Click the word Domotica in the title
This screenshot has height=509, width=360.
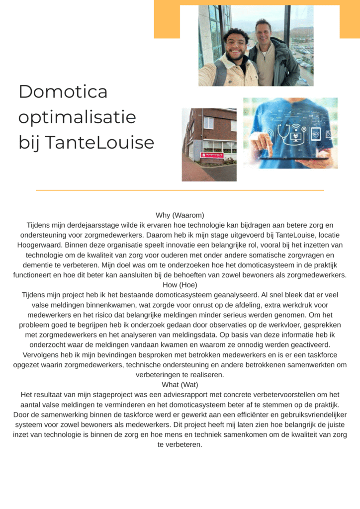[x=63, y=91]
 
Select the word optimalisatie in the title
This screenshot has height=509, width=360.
[x=77, y=118]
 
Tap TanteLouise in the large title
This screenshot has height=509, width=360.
[x=100, y=143]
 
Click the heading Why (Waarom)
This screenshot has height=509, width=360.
[x=180, y=215]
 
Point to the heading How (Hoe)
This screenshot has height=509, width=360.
[x=180, y=285]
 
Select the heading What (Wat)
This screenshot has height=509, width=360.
[x=180, y=384]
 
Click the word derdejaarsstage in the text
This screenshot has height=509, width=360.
[x=92, y=225]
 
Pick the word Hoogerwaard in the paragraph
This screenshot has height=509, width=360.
[x=40, y=245]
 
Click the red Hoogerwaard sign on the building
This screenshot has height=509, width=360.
[x=212, y=155]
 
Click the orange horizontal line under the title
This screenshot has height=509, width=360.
[x=180, y=190]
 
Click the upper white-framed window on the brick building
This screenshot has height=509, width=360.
[x=208, y=122]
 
